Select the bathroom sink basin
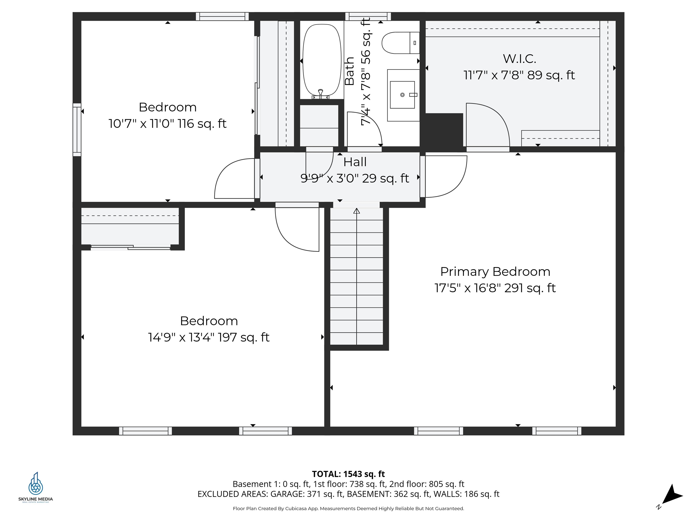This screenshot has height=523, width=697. coord(402,95)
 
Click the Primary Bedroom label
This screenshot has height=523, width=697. coord(495,271)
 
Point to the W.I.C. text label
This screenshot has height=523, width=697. coord(519,59)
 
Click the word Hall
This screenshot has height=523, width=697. coord(355,162)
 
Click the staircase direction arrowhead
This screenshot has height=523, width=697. coord(356,211)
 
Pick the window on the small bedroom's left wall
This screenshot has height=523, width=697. coord(77,130)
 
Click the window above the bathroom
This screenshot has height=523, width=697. coord(368,16)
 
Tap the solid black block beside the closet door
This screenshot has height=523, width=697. coord(444,130)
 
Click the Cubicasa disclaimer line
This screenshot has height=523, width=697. coord(348,508)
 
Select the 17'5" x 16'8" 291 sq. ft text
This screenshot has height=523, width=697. coord(495,288)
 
